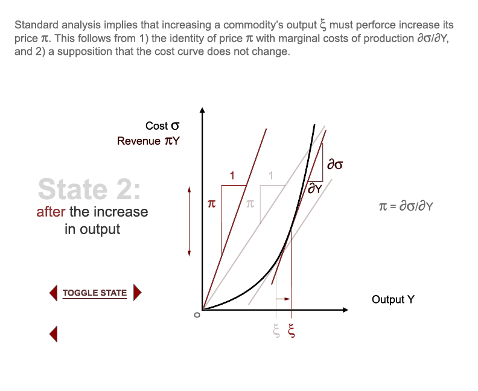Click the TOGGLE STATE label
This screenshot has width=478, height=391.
pyautogui.click(x=95, y=293)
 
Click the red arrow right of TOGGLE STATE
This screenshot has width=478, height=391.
pyautogui.click(x=137, y=293)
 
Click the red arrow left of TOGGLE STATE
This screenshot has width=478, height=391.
pyautogui.click(x=53, y=293)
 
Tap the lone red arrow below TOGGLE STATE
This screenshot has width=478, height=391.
pyautogui.click(x=53, y=333)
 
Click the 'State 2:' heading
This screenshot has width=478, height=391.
pyautogui.click(x=89, y=189)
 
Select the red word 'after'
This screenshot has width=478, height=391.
pyautogui.click(x=51, y=212)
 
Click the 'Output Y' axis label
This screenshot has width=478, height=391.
pyautogui.click(x=393, y=299)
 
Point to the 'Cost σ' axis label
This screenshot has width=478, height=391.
pyautogui.click(x=162, y=126)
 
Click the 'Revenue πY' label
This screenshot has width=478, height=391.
pyautogui.click(x=148, y=141)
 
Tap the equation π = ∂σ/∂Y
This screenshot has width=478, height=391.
pyautogui.click(x=406, y=206)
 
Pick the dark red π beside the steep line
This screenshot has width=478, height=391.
pyautogui.click(x=211, y=205)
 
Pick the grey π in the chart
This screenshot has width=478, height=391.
pyautogui.click(x=250, y=205)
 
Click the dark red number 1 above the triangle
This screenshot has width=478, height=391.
pyautogui.click(x=232, y=176)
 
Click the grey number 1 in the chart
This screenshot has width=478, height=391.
pyautogui.click(x=271, y=176)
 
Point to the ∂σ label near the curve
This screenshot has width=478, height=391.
pyautogui.click(x=334, y=164)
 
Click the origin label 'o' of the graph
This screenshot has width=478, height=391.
pyautogui.click(x=196, y=314)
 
